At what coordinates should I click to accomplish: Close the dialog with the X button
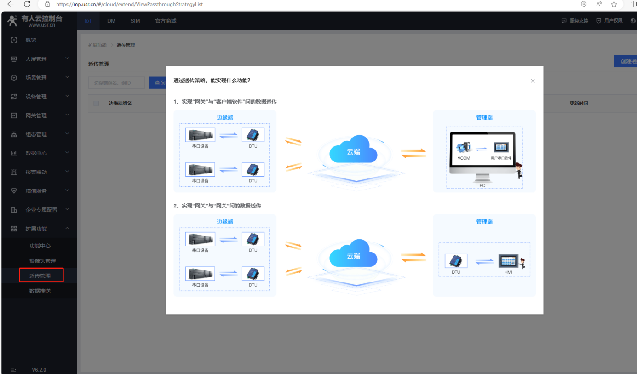click(533, 81)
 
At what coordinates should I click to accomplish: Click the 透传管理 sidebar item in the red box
click(40, 276)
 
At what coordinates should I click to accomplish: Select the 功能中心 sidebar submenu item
click(40, 246)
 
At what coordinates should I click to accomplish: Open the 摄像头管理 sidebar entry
click(42, 261)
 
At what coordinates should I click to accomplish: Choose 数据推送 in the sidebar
click(40, 291)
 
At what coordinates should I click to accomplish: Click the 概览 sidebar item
click(31, 40)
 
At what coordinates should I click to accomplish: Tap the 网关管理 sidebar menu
click(36, 115)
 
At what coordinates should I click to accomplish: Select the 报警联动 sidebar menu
click(36, 172)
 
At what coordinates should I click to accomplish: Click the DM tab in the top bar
click(111, 21)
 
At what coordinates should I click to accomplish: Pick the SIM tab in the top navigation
click(135, 21)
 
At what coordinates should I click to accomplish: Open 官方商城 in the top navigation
click(166, 21)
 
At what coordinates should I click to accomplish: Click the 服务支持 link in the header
click(579, 21)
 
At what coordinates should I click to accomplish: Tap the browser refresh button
click(27, 4)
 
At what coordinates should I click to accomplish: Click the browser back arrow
click(11, 4)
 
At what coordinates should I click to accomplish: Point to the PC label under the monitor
click(482, 185)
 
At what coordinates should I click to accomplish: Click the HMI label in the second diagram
click(508, 272)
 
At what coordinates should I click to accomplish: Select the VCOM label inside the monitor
click(464, 158)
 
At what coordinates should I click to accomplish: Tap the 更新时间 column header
click(579, 103)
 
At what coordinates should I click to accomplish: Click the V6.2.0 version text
click(39, 370)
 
